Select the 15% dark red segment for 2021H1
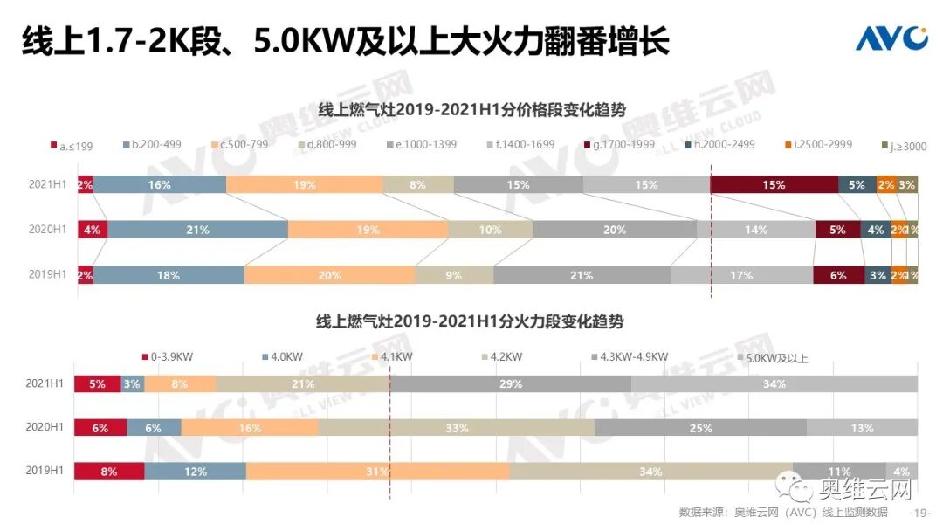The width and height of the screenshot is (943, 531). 774,185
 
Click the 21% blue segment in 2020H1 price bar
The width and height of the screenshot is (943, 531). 197,230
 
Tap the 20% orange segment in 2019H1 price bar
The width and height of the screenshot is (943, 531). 329,275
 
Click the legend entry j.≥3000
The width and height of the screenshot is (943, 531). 903,146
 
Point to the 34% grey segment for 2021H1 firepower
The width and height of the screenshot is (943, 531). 774,384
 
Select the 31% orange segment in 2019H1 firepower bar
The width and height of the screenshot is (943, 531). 377,472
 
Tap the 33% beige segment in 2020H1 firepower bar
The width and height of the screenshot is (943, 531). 457,428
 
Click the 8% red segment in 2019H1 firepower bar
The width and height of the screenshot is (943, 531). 109,472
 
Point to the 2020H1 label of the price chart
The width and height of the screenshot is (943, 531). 48,230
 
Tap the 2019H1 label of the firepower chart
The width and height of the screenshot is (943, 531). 46,472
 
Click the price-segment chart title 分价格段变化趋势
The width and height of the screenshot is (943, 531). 472,109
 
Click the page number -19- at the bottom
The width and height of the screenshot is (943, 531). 921,513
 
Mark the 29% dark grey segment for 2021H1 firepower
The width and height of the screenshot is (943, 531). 511,384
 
